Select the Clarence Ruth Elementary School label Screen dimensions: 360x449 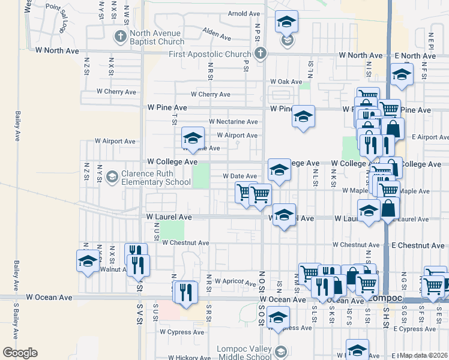pos(156,178)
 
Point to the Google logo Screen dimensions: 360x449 pos(20,353)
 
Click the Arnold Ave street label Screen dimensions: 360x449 pos(244,13)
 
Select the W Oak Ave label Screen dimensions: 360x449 pos(286,82)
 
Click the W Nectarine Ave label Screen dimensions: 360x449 pos(234,122)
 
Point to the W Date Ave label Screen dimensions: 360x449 pos(240,176)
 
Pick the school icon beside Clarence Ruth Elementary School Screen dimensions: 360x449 pos(112,177)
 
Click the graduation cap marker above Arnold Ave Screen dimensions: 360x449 pos(287,22)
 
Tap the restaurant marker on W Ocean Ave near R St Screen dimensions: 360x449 pos(187,292)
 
